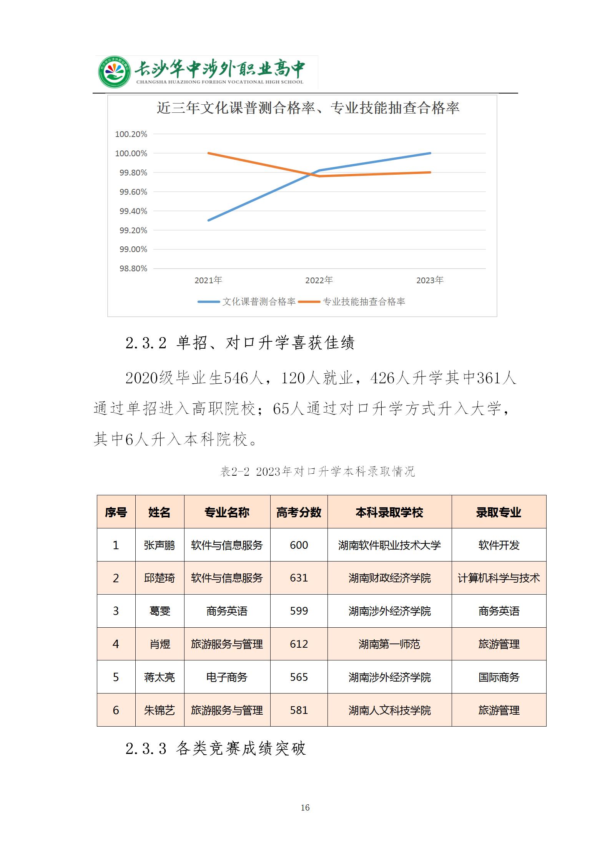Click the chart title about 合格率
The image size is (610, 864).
308,108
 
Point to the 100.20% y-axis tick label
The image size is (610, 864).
131,134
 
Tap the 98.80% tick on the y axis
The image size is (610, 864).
133,269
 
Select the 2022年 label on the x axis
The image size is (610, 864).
319,280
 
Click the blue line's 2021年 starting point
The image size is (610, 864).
208,221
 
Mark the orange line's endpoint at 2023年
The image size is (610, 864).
430,172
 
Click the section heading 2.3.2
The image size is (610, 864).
240,343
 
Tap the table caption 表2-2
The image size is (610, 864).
317,471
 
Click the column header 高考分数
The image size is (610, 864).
299,512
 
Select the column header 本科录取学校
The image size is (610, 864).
389,512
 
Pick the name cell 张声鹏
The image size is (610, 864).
160,545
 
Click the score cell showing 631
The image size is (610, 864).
299,578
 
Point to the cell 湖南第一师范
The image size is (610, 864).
389,644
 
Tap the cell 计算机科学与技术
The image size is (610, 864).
499,578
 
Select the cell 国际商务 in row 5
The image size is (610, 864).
499,677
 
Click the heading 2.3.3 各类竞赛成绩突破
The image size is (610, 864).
216,749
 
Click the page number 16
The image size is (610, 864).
305,808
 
